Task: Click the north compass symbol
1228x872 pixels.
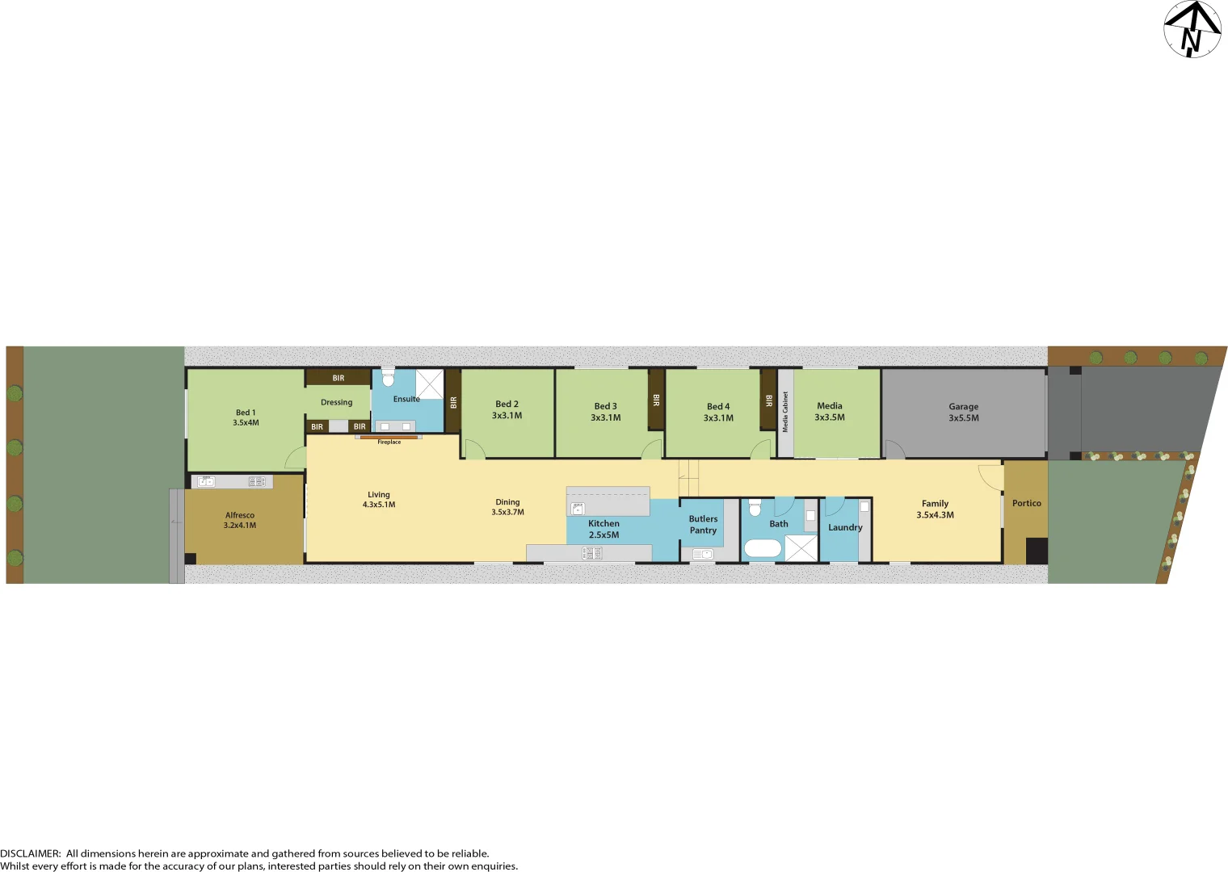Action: coord(1192,29)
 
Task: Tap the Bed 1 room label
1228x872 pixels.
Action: coord(246,417)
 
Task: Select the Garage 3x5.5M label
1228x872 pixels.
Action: coord(963,413)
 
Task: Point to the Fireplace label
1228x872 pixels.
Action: coord(389,442)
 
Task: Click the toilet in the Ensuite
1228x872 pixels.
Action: coord(388,378)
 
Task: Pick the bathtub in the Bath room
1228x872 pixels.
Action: coord(762,549)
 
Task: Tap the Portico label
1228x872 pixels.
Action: coord(1026,503)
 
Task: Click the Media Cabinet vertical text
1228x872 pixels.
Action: coord(785,412)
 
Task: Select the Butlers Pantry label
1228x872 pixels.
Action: coord(703,525)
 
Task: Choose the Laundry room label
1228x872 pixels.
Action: coord(845,527)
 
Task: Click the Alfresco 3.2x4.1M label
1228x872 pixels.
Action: coord(240,520)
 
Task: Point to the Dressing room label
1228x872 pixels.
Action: coord(337,402)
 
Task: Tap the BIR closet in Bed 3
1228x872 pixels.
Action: coord(656,400)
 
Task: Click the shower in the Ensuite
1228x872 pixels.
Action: coord(430,384)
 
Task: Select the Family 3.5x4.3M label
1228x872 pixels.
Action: coord(935,509)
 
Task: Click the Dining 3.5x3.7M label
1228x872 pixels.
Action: coord(507,507)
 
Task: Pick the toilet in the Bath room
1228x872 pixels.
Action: coord(755,508)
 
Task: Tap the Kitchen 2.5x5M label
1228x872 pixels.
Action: coord(603,529)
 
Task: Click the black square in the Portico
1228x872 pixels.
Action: coord(1037,551)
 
